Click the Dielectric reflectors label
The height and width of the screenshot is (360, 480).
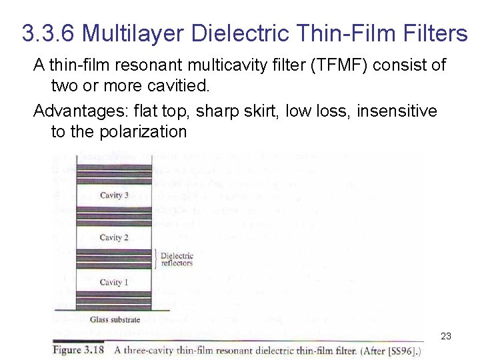click(177, 259)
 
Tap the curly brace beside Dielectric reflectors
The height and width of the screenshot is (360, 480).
click(156, 259)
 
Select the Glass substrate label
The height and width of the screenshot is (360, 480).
click(115, 319)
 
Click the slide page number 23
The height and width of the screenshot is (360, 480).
click(446, 336)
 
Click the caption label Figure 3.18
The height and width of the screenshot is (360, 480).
click(79, 350)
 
